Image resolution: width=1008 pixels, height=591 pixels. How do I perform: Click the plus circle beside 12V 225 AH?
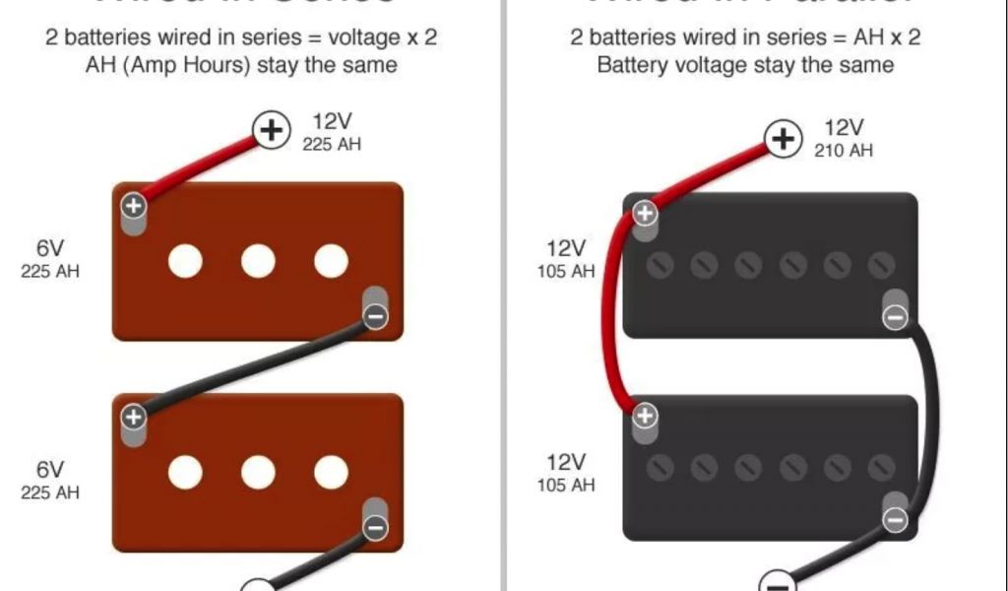(x=273, y=129)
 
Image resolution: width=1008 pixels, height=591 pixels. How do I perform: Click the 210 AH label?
(x=843, y=151)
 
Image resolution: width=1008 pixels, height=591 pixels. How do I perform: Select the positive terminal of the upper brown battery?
(x=133, y=207)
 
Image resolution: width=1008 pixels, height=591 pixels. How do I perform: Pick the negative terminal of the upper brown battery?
(x=375, y=316)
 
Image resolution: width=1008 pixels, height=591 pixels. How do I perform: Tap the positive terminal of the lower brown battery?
(x=133, y=417)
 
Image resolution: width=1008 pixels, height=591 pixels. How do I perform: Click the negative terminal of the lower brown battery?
(x=375, y=527)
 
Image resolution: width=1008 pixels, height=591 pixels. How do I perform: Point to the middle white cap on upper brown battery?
(x=258, y=261)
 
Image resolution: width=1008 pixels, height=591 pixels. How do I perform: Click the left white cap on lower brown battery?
(x=185, y=472)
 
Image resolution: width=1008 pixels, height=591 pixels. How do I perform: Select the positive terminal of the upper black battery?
(x=645, y=213)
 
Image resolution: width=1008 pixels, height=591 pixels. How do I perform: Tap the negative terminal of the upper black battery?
(x=895, y=317)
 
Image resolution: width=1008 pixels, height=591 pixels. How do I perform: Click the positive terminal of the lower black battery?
(x=645, y=417)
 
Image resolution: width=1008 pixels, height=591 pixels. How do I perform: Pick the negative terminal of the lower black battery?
(x=895, y=519)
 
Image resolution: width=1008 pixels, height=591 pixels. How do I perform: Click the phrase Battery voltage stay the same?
(x=745, y=65)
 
